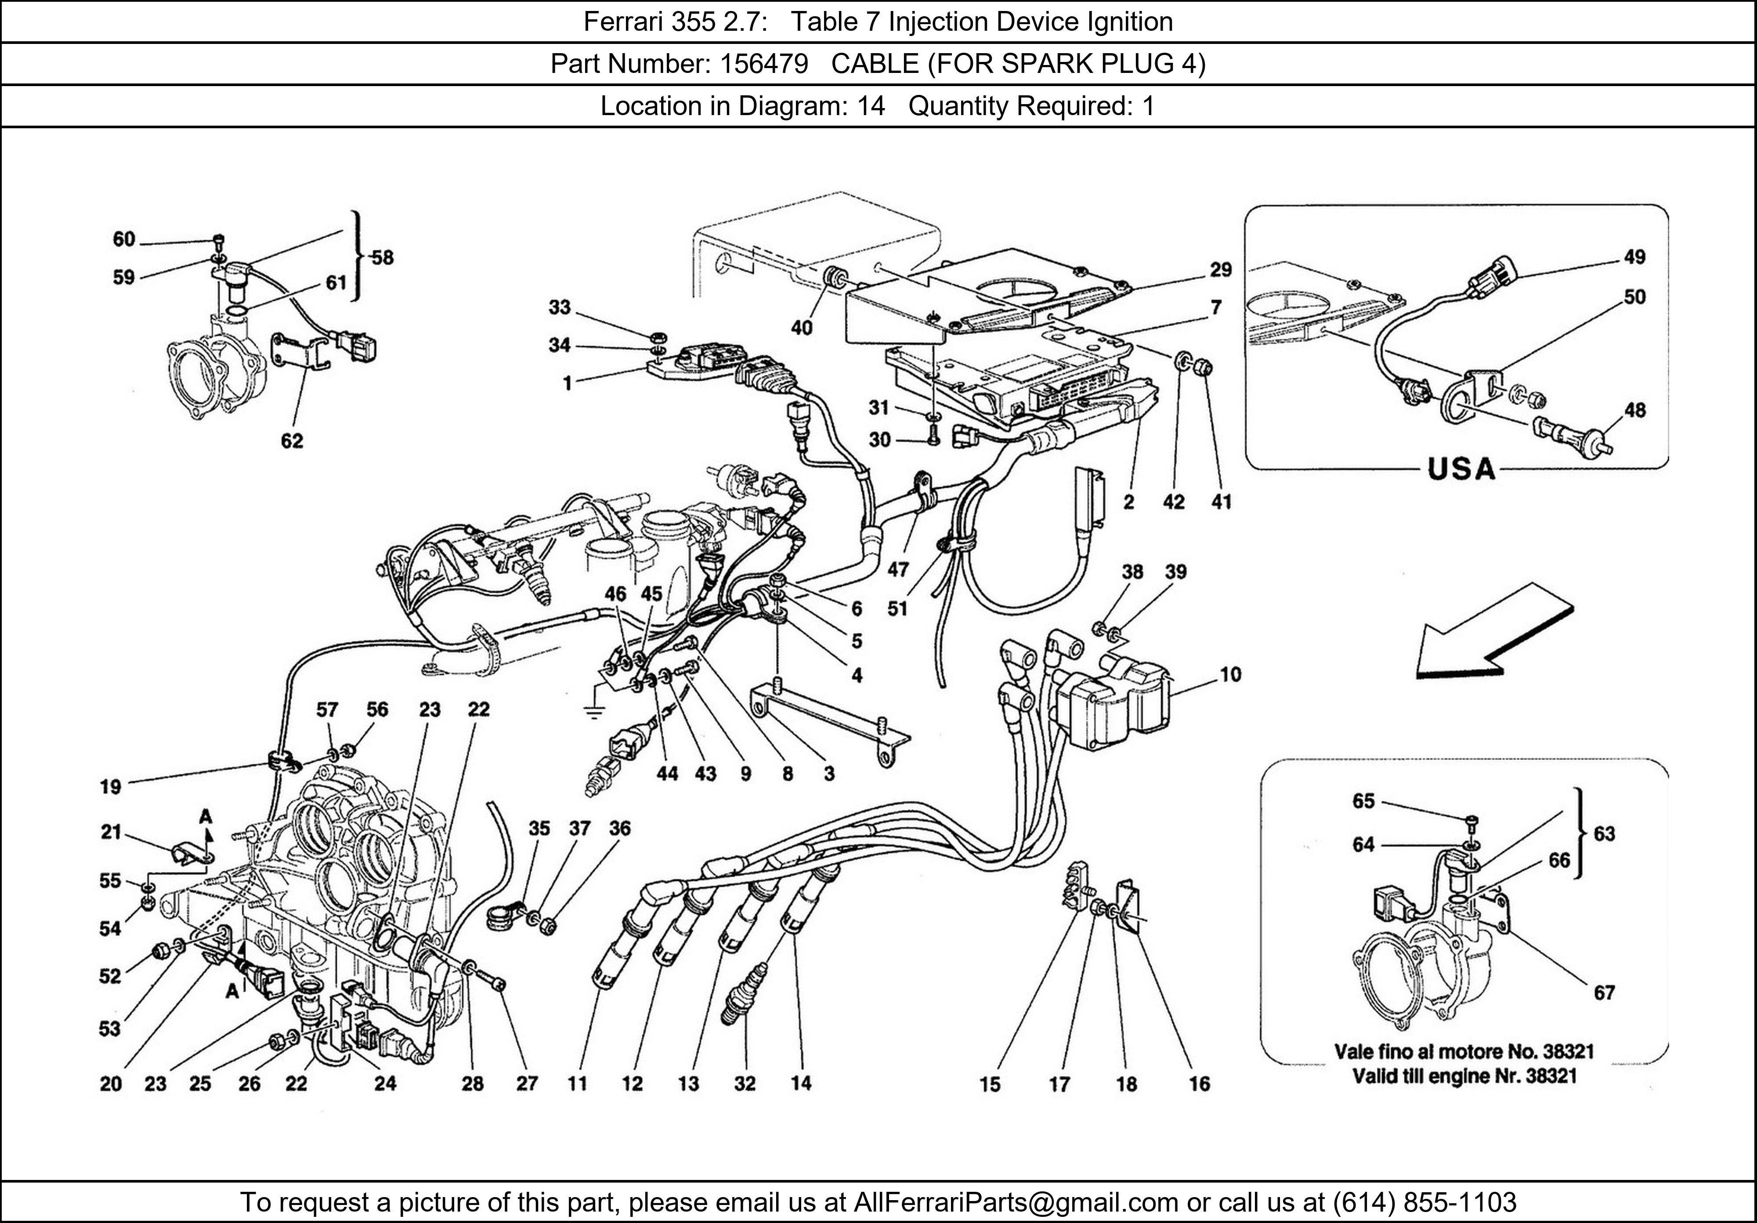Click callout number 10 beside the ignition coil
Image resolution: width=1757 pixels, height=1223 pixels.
click(1230, 674)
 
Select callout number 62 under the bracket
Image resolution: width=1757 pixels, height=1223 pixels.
click(292, 440)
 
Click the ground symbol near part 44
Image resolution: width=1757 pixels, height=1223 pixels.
click(593, 712)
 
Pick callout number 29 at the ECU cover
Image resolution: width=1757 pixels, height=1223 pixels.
click(1221, 269)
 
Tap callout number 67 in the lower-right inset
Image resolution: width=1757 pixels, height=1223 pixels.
click(1604, 993)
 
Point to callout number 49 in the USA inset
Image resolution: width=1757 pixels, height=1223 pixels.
click(1634, 257)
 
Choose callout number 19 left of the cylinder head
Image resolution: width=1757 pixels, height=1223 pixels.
click(111, 786)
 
